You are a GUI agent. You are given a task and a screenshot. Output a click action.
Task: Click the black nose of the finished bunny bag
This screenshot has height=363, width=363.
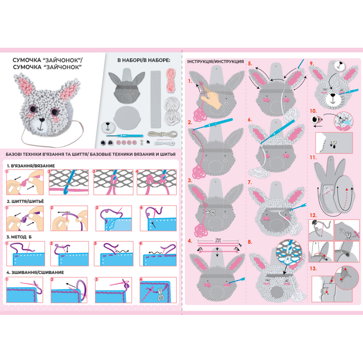point(42,120)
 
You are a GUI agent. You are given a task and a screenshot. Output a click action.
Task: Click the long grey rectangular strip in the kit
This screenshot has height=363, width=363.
point(155,99)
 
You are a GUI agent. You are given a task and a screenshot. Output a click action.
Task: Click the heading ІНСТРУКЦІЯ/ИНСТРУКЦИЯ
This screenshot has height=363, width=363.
point(215,62)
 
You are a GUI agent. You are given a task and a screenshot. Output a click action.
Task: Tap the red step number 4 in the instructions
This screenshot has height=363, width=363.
point(190,241)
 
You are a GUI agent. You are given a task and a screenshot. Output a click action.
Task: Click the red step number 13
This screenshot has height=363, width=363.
point(313,269)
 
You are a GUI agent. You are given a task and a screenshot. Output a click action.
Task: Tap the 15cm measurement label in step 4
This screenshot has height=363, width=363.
point(218,240)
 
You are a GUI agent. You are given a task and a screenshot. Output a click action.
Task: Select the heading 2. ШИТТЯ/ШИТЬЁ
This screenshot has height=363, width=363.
point(25,201)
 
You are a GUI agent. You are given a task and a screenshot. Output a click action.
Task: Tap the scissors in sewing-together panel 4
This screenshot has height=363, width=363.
point(160,294)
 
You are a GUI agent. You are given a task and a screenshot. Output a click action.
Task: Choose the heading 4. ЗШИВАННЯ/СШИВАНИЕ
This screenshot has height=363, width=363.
point(35,273)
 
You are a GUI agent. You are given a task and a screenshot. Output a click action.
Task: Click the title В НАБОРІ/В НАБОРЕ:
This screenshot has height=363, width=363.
point(144,61)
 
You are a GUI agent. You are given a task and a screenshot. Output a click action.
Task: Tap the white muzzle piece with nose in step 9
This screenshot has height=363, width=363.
point(339,66)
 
